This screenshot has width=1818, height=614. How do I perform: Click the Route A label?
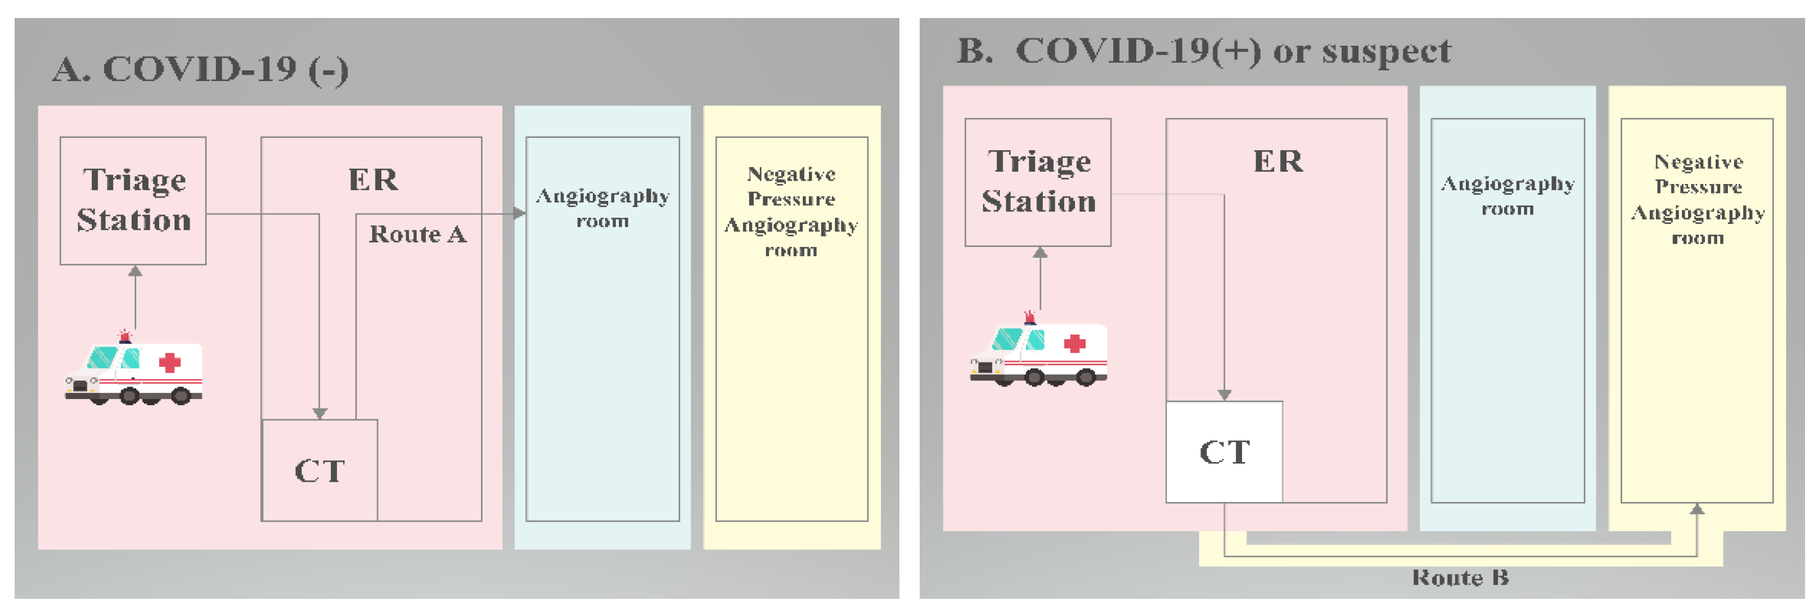tap(418, 234)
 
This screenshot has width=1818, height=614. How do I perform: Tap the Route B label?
tap(1460, 578)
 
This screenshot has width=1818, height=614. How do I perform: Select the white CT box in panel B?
tap(1224, 452)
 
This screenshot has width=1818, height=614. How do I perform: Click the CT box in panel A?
tap(319, 470)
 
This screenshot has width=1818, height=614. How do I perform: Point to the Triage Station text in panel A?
tap(133, 200)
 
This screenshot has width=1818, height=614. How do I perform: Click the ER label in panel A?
tap(373, 180)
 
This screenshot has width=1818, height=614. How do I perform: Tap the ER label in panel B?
tap(1278, 162)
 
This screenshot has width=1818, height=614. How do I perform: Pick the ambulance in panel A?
tap(134, 370)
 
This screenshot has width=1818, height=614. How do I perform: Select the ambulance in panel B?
tap(1039, 352)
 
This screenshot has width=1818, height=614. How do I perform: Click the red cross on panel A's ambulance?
tap(169, 363)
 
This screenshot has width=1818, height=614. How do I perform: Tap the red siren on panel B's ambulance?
tap(1030, 316)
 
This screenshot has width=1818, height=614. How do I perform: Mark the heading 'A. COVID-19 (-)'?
tap(200, 70)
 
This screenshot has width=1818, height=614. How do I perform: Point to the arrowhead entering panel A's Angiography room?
tap(519, 213)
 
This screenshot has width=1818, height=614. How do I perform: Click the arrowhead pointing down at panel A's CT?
tap(319, 413)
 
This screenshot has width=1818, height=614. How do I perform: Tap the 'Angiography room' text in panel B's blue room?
tap(1507, 195)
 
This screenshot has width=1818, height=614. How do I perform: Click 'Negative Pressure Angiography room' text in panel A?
tap(791, 212)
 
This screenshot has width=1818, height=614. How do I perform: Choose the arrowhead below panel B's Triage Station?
tap(1039, 253)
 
